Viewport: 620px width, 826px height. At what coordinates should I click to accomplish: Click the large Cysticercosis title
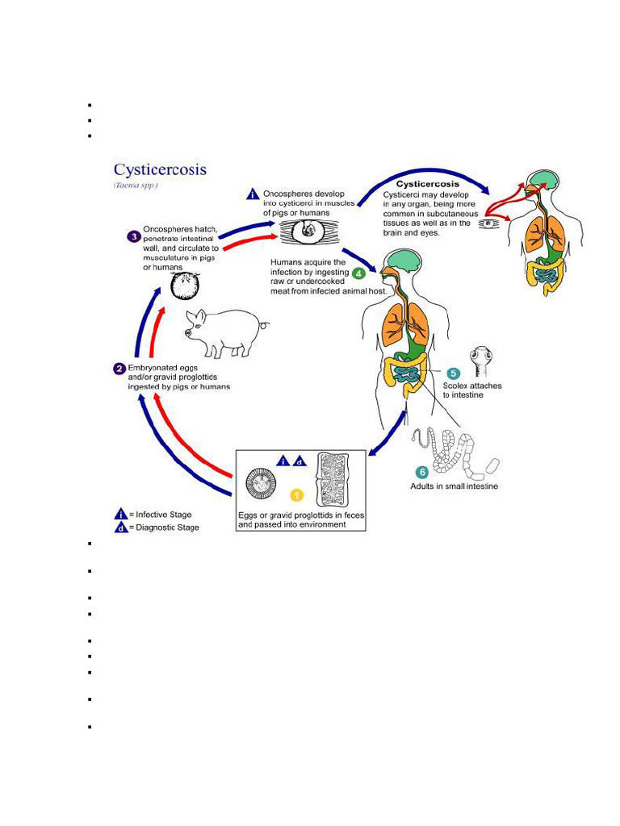point(160,170)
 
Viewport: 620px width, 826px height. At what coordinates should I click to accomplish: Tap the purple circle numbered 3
point(134,236)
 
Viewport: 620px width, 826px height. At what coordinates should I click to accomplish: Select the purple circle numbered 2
point(119,369)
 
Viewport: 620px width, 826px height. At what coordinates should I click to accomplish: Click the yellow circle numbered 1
point(296,494)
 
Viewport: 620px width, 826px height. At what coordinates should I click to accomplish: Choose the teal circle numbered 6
point(421,472)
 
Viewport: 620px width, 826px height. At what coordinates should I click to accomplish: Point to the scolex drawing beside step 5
point(482,360)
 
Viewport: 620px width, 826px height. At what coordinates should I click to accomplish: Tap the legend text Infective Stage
point(164,515)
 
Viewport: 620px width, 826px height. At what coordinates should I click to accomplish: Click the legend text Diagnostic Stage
point(167,528)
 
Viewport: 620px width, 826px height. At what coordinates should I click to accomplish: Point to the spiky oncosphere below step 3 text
point(185,287)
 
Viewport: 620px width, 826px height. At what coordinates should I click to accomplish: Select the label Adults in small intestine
point(454,486)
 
